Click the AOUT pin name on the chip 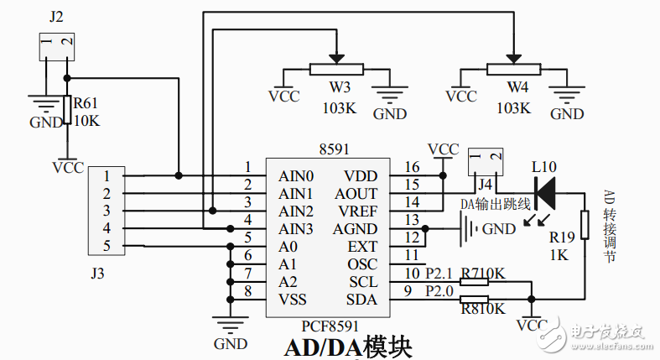click(x=356, y=193)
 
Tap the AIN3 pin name click(x=296, y=229)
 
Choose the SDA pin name click(x=362, y=300)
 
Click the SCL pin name click(x=363, y=282)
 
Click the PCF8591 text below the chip click(x=330, y=325)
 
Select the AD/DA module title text click(x=348, y=347)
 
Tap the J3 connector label click(x=97, y=273)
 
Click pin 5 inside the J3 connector click(x=107, y=246)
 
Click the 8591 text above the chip click(x=334, y=149)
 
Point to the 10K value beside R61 click(x=86, y=121)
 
